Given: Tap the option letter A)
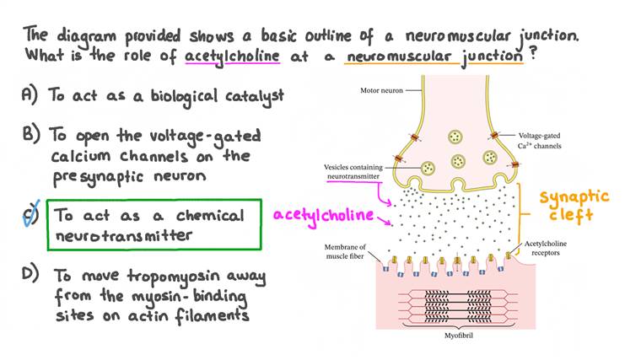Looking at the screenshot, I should tap(30, 96).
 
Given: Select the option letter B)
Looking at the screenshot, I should tap(30, 135).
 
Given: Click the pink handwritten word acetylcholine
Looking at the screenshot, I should tap(322, 215).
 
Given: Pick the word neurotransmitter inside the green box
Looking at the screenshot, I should tap(124, 235).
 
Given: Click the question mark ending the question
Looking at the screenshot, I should tap(533, 56).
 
